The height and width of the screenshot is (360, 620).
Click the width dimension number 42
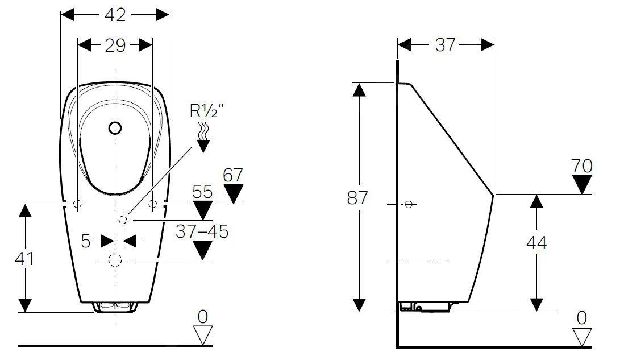[115, 15]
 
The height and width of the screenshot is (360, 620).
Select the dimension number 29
[115, 45]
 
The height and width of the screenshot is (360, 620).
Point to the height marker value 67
[232, 175]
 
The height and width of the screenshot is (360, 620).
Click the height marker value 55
[202, 192]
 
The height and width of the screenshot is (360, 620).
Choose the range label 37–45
[202, 231]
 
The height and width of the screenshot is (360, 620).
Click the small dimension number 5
[86, 241]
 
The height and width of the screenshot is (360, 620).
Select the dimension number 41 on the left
[24, 259]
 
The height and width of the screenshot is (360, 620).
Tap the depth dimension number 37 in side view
[446, 45]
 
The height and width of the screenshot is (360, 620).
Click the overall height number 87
[357, 198]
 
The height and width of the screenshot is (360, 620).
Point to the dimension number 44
[536, 243]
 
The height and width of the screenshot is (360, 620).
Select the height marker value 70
[582, 166]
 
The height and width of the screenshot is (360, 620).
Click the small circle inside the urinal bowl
[115, 128]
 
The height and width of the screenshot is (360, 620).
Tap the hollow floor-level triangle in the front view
[202, 334]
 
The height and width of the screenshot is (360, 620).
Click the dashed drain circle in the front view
[115, 260]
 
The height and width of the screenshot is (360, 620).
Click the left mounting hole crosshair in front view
[78, 203]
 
